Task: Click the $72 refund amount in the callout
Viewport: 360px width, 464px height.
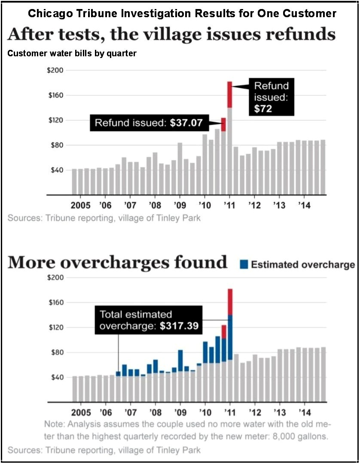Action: point(263,109)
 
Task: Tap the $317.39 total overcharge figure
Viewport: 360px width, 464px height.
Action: point(179,326)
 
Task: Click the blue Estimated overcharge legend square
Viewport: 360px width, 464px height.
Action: point(244,264)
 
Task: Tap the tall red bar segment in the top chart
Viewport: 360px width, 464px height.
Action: point(230,95)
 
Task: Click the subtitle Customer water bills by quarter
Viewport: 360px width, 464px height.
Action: point(72,54)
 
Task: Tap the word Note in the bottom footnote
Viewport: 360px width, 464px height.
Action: point(54,424)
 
